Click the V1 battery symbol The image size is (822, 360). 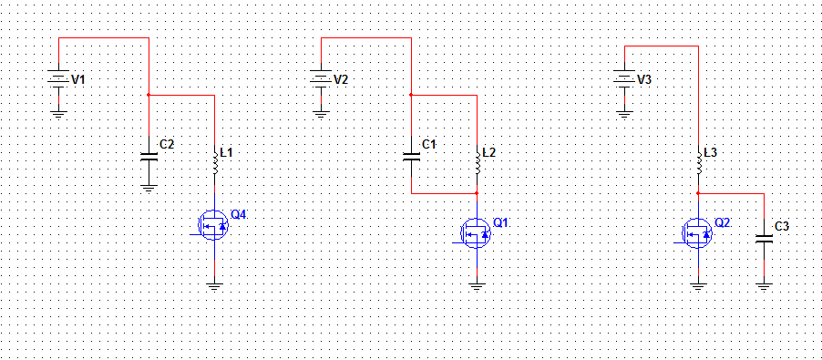58,79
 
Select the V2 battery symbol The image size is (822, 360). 320,79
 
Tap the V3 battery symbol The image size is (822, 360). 624,79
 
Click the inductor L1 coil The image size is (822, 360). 214,163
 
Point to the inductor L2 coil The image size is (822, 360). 477,163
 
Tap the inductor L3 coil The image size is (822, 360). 699,163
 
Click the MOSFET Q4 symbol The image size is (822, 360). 213,226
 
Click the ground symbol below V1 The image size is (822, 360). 58,114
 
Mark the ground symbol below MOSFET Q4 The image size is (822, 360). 214,287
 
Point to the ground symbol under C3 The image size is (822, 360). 765,287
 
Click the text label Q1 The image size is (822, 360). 500,222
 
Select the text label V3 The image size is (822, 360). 644,79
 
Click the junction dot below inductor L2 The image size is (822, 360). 477,193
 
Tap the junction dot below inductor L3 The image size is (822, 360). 699,193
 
